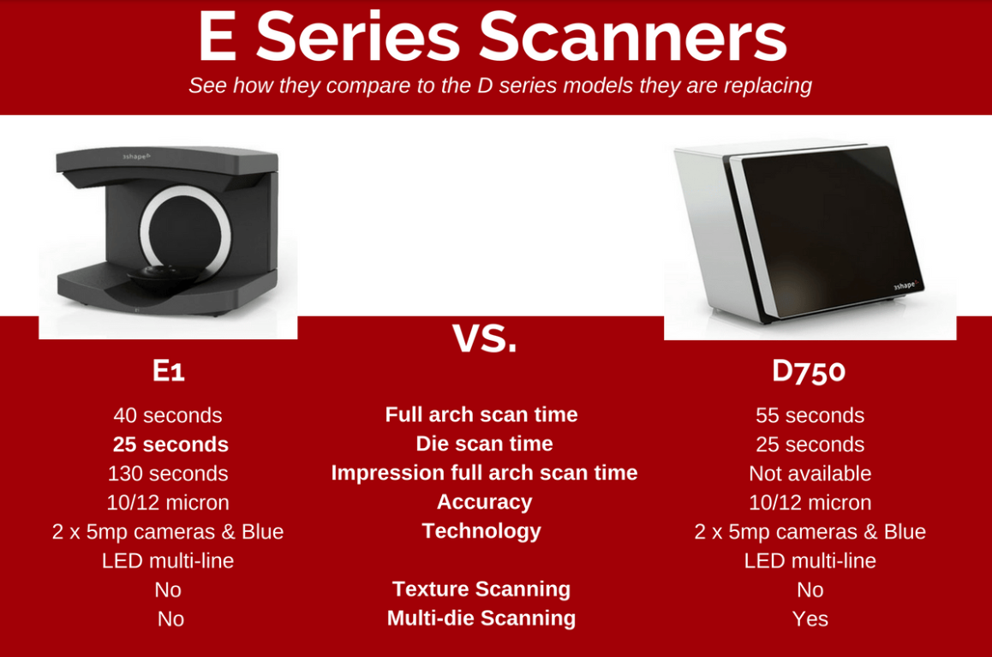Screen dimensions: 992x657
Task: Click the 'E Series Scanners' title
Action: click(493, 37)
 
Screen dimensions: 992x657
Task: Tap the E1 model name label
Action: click(168, 371)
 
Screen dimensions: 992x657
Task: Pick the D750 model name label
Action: click(809, 371)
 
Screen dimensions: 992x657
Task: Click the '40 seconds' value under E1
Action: click(168, 415)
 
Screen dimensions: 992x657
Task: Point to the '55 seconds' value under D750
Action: click(810, 415)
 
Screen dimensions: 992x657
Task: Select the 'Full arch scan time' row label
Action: click(481, 415)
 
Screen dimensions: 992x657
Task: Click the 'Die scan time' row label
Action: click(485, 443)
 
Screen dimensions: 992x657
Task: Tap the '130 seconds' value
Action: click(168, 474)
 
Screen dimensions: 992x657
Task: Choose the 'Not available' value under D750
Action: click(810, 474)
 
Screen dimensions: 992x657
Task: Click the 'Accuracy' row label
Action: click(485, 501)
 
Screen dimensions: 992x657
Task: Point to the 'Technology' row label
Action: click(481, 531)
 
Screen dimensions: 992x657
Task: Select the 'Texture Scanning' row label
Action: click(481, 588)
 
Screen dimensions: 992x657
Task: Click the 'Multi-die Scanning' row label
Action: click(481, 618)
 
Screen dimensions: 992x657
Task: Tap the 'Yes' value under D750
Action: click(810, 619)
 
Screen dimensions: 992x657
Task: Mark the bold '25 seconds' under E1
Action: click(170, 445)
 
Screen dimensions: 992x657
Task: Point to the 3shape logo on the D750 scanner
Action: click(905, 286)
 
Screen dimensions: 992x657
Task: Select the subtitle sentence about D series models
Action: click(499, 86)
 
